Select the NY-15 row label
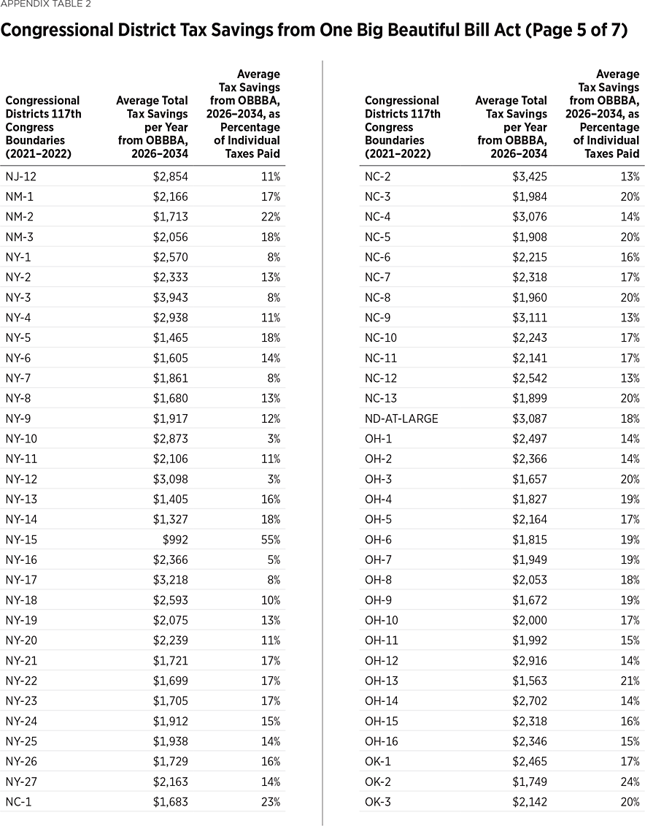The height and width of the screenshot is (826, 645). pyautogui.click(x=21, y=540)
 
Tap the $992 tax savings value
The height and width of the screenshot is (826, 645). pyautogui.click(x=174, y=540)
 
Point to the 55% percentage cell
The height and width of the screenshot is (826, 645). pyautogui.click(x=270, y=540)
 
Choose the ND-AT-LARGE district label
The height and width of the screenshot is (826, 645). pyautogui.click(x=401, y=418)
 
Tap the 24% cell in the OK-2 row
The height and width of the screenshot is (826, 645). pyautogui.click(x=630, y=782)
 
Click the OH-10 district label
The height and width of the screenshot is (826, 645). pyautogui.click(x=381, y=600)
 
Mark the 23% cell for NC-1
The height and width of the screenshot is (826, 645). pyautogui.click(x=270, y=802)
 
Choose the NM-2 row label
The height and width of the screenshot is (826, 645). pyautogui.click(x=20, y=217)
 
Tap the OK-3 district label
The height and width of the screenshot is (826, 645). pyautogui.click(x=378, y=802)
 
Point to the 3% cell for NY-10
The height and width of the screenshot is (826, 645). pyautogui.click(x=273, y=439)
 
